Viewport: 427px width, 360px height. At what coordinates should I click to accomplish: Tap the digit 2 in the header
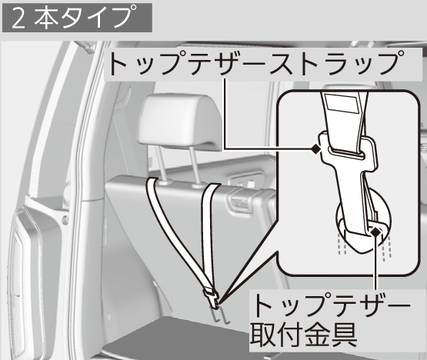(x=18, y=18)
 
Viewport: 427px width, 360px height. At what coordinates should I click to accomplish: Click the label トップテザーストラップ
(x=256, y=63)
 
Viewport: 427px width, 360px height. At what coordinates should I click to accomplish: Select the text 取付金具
(x=303, y=334)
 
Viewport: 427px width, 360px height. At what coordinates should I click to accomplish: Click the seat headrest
(x=180, y=122)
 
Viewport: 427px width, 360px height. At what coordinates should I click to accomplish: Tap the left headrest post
(x=162, y=165)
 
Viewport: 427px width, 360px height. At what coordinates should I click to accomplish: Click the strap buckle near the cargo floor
(x=212, y=298)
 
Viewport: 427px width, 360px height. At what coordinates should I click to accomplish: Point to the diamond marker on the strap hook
(x=316, y=148)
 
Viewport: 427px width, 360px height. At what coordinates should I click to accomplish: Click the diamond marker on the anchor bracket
(x=375, y=232)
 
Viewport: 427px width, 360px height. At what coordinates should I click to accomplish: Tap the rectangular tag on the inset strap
(x=342, y=103)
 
